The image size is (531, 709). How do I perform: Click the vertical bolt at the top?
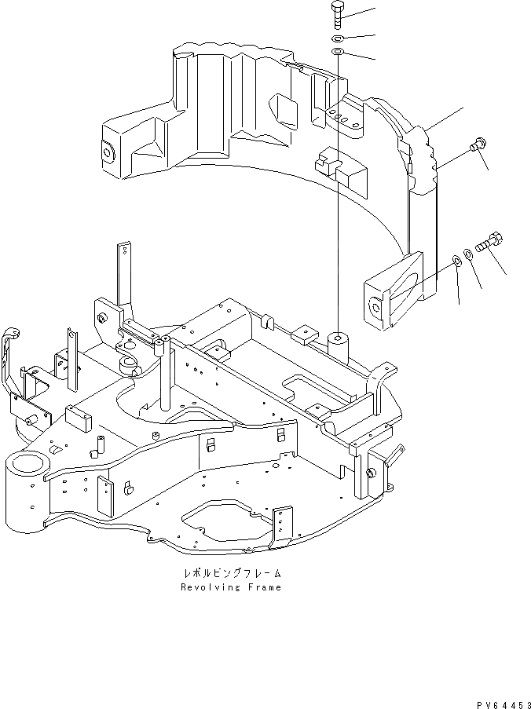(x=336, y=15)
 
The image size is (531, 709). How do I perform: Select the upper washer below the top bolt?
(x=336, y=38)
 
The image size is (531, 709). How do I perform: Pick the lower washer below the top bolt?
(x=336, y=52)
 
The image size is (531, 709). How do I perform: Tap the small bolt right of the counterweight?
(x=477, y=145)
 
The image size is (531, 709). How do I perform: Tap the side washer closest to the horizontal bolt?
(x=468, y=253)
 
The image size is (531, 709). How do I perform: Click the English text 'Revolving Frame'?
(x=230, y=587)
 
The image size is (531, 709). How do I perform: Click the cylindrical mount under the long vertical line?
(x=339, y=344)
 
